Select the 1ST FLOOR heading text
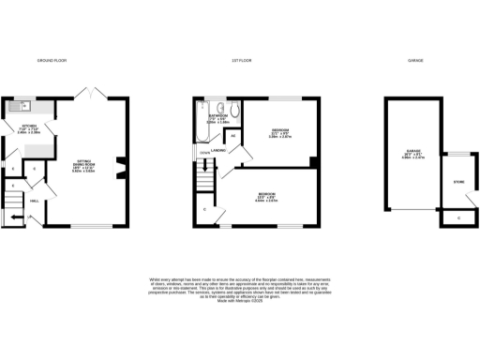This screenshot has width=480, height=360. [241, 60]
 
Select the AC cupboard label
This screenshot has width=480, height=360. [233, 136]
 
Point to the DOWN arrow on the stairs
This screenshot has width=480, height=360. [204, 151]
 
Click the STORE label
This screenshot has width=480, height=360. [458, 181]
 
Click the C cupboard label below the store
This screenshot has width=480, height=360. [458, 218]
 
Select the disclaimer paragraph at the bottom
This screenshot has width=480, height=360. [240, 290]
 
